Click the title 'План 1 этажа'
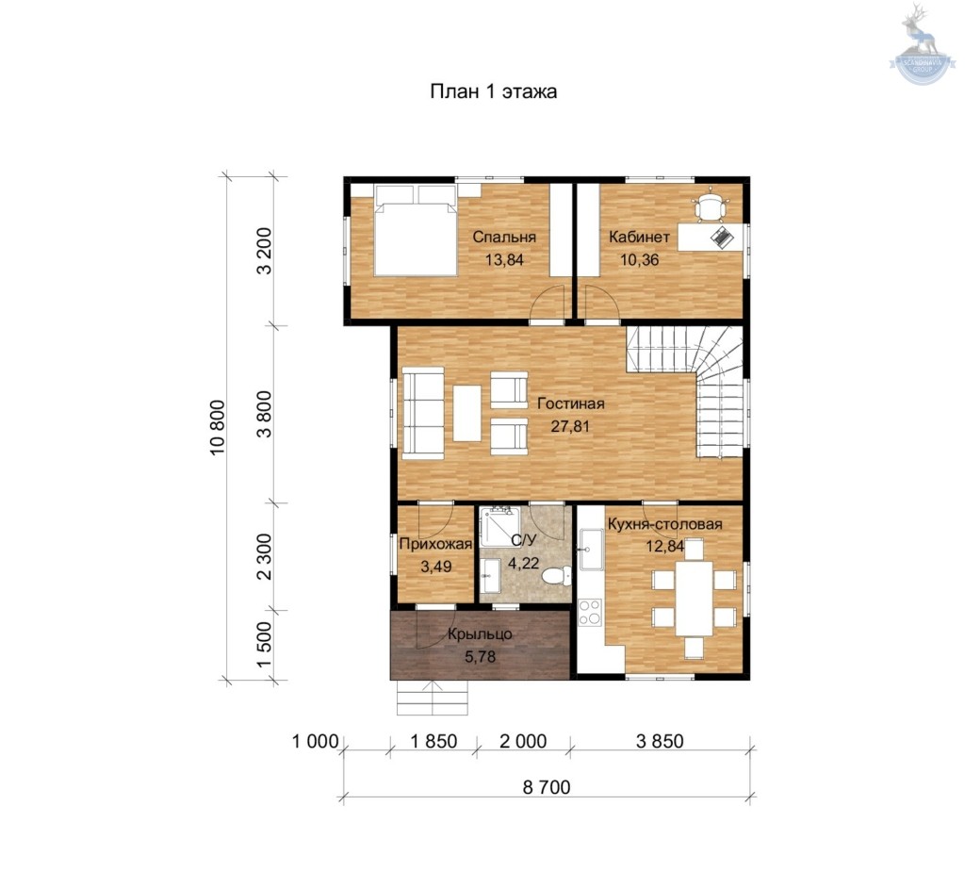coord(494,91)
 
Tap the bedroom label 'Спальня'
coord(504,238)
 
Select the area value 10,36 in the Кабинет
coord(640,260)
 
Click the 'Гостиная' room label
coord(571,403)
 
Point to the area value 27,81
coord(570,426)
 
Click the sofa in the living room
coord(423,413)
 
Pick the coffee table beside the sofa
coord(467,413)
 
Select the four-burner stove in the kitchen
coord(590,612)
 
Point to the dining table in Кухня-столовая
coord(695,598)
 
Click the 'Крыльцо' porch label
coord(480,634)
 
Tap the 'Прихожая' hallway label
coord(435,544)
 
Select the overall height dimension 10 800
coord(218,427)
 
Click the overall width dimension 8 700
coord(547,787)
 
